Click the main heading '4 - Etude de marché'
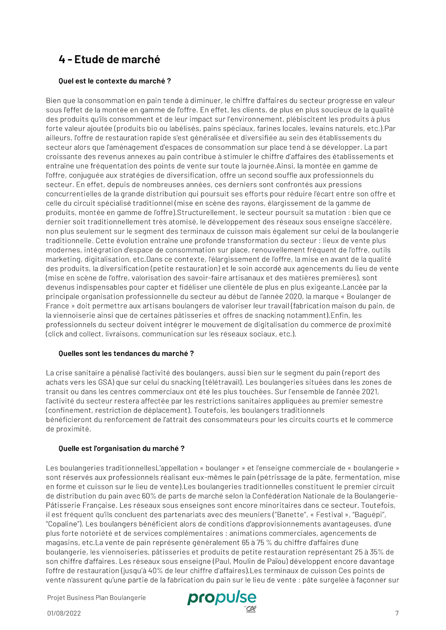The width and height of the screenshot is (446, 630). click(x=109, y=60)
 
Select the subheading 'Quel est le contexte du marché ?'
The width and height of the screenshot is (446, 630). click(x=115, y=81)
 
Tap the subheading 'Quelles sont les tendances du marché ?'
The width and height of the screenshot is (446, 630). click(x=126, y=354)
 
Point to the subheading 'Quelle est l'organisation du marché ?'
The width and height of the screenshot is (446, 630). click(x=122, y=449)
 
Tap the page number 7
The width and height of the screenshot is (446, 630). click(x=397, y=613)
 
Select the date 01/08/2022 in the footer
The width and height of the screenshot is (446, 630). click(x=64, y=613)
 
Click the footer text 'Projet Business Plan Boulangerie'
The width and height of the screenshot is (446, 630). click(x=96, y=598)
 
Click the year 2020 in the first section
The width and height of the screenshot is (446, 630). click(x=294, y=297)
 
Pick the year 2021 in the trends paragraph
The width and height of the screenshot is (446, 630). click(x=370, y=392)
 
